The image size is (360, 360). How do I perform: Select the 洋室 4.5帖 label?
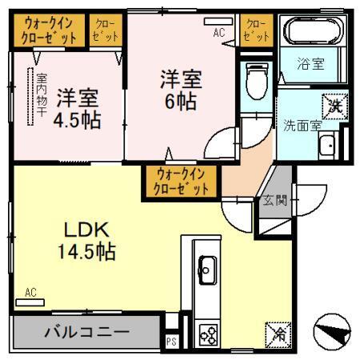click(x=77, y=110)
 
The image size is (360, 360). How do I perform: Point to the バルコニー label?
click(x=86, y=331)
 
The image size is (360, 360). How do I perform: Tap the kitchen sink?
click(x=206, y=270)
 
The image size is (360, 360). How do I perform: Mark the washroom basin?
click(x=326, y=147)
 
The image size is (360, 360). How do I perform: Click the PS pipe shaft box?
click(x=170, y=340)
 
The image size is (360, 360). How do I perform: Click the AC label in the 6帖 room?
click(x=218, y=33)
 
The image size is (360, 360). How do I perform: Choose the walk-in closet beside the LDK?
click(x=182, y=180)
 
